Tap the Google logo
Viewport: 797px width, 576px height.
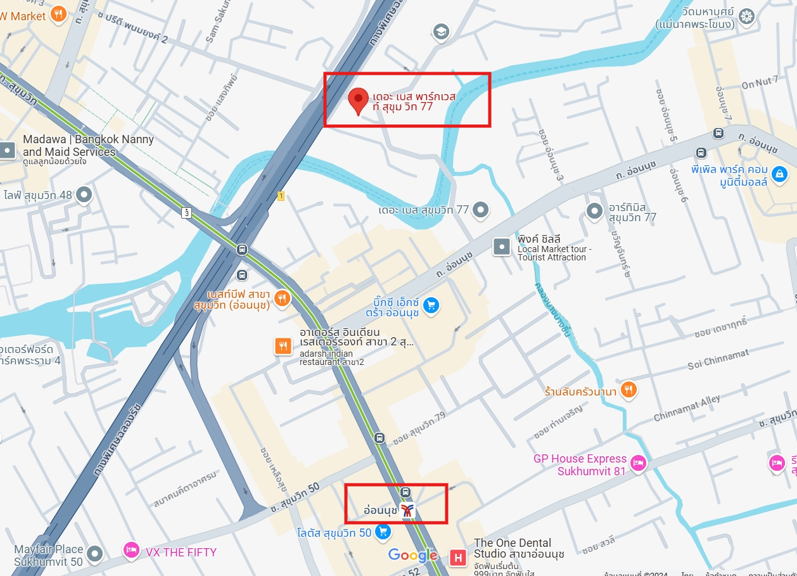pos(413,556)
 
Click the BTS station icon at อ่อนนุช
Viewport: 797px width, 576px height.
pos(408,509)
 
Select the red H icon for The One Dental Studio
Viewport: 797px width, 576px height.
pos(457,558)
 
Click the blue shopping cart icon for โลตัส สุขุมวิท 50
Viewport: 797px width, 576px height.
pos(383,532)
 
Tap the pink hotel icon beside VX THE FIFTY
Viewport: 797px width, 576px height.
pos(131,551)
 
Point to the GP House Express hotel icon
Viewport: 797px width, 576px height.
pos(638,464)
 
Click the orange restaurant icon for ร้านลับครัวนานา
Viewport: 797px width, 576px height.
pos(628,390)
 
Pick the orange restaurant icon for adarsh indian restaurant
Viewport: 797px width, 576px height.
pos(283,346)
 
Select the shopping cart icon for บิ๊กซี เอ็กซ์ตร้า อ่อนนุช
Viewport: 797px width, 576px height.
pos(431,305)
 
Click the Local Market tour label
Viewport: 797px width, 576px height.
pos(554,253)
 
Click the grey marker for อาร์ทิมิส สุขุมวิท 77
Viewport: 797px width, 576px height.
pos(594,211)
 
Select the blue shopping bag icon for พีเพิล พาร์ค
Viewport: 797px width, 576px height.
pos(780,172)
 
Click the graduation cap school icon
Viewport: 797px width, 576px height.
pos(440,31)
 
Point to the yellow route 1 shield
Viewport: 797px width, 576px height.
pos(281,196)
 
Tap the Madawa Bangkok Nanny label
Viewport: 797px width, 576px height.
pos(88,145)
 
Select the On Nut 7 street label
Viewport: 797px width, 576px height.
pos(760,82)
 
